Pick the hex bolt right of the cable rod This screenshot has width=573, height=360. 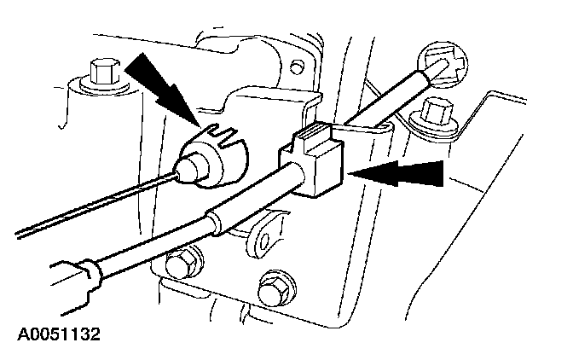(x=437, y=111)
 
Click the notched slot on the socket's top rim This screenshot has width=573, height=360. (x=221, y=133)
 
